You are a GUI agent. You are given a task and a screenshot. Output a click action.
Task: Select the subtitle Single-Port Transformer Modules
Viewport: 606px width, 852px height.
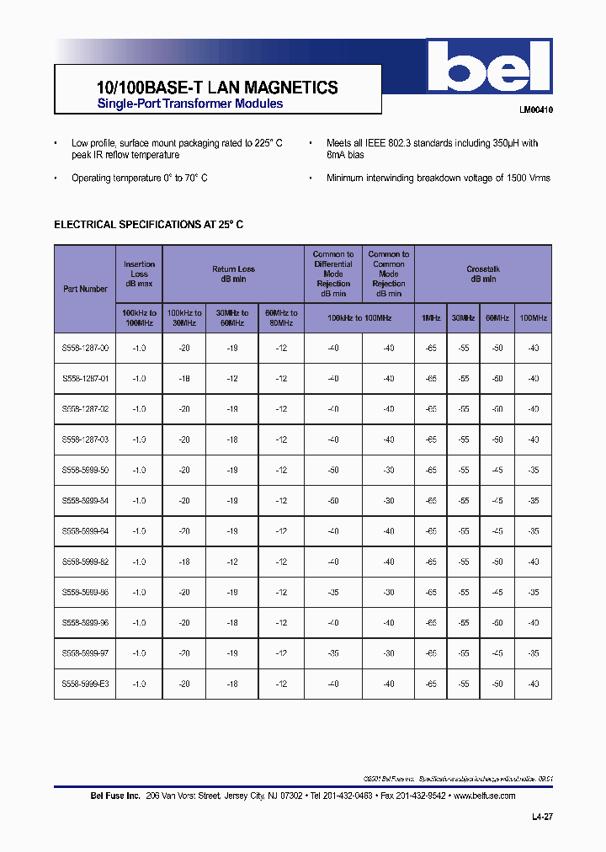(x=190, y=104)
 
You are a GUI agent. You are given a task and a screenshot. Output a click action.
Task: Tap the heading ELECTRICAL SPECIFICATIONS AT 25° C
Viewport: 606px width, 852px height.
(x=149, y=225)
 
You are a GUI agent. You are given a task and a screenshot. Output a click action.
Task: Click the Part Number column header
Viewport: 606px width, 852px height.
(x=85, y=289)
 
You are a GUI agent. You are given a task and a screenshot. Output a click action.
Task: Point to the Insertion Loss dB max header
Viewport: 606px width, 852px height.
(x=139, y=274)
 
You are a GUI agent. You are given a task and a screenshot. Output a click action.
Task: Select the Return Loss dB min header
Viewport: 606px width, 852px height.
(x=233, y=274)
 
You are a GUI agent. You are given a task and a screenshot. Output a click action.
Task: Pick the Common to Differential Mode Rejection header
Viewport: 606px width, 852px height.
(x=333, y=274)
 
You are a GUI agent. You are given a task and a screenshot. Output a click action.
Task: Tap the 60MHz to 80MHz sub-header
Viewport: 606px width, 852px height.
(x=281, y=318)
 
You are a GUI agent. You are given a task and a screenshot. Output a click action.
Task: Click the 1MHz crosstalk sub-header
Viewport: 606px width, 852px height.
(x=431, y=318)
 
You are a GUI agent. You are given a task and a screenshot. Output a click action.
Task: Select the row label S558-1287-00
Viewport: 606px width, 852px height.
(x=85, y=349)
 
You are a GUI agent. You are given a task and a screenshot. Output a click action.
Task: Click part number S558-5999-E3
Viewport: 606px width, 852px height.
(x=85, y=684)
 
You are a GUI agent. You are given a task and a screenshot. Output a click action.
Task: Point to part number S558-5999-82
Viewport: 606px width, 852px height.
(x=85, y=562)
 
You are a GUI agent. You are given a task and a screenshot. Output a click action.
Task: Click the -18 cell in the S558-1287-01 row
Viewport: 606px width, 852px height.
(x=185, y=379)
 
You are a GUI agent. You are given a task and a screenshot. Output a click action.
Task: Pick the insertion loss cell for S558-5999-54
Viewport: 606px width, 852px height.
(x=139, y=501)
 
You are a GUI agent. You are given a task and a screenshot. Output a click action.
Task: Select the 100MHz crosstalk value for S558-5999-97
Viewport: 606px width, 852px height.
(x=533, y=653)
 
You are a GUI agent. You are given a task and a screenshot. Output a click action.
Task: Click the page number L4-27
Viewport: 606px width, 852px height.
(x=543, y=817)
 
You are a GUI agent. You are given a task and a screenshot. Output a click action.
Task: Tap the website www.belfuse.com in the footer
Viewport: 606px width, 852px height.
(x=484, y=796)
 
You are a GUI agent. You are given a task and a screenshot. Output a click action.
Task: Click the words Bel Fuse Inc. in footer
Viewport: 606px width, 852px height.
(x=114, y=796)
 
